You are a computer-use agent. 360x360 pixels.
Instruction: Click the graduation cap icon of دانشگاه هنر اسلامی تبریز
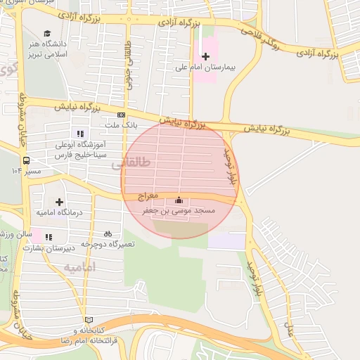point(47,34)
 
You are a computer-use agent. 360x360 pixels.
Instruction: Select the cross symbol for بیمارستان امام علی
point(205,56)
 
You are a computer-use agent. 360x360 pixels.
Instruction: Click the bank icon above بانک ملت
point(122,115)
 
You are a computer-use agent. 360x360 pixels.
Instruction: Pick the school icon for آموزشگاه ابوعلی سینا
point(80,133)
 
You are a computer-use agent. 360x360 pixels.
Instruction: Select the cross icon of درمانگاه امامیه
point(59,202)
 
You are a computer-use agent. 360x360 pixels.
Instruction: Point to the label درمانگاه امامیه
point(59,212)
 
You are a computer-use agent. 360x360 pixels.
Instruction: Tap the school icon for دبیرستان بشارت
point(49,238)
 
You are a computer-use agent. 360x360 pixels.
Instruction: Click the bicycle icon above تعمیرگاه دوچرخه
point(108,233)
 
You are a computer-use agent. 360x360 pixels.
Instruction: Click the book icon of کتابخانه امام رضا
point(88,319)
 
